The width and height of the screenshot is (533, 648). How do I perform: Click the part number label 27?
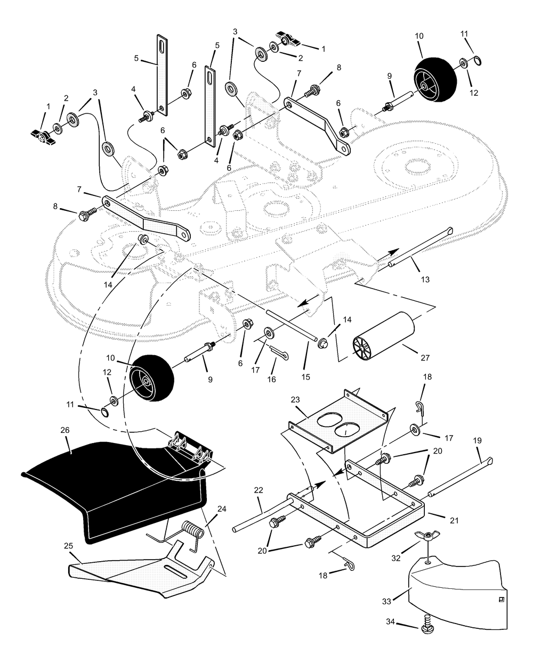(x=425, y=358)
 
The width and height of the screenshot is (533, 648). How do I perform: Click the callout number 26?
(x=65, y=430)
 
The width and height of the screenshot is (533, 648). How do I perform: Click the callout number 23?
(x=295, y=400)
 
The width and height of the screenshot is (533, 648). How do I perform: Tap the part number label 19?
(x=477, y=440)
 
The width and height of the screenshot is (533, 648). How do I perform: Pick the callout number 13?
(x=425, y=280)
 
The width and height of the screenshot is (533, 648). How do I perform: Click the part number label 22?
(x=259, y=490)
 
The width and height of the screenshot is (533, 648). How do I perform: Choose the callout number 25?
(x=69, y=546)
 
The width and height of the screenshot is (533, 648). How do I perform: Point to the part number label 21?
(x=454, y=521)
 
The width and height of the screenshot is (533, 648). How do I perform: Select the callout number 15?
(x=306, y=377)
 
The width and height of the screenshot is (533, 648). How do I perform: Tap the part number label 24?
(x=222, y=509)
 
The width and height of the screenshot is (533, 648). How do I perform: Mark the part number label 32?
(x=396, y=558)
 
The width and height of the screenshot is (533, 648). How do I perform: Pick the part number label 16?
(x=271, y=380)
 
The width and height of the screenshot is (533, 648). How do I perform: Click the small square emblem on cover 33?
(x=502, y=600)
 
